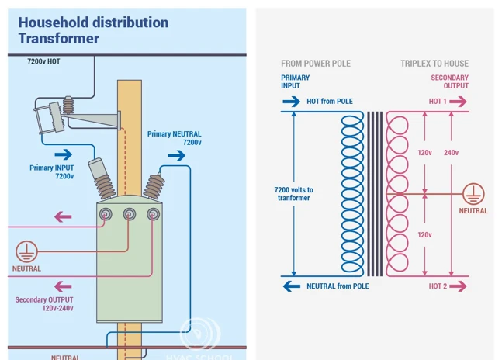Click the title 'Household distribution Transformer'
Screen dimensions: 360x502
pyautogui.click(x=93, y=30)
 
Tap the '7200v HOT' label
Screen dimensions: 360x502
pyautogui.click(x=43, y=61)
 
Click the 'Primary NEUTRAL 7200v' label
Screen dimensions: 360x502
pyautogui.click(x=175, y=138)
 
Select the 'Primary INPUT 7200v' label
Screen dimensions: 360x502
pyautogui.click(x=52, y=171)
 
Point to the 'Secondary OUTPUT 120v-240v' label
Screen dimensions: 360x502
pyautogui.click(x=44, y=303)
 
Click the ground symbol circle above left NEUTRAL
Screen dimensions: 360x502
pyautogui.click(x=26, y=251)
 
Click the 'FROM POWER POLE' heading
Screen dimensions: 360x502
pyautogui.click(x=316, y=64)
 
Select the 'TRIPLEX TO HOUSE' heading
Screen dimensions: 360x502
pyautogui.click(x=434, y=64)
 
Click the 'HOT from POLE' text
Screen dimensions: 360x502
pyautogui.click(x=330, y=102)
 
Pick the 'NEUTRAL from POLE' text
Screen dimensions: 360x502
pyautogui.click(x=338, y=286)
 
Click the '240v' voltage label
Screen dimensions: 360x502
pyautogui.click(x=451, y=153)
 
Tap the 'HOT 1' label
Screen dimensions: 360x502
pyautogui.click(x=438, y=102)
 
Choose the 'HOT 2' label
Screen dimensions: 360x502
pyautogui.click(x=438, y=286)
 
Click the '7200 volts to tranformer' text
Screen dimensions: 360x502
pyautogui.click(x=294, y=193)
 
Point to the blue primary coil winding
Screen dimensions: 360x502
pyautogui.click(x=352, y=194)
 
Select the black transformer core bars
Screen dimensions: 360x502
pyautogui.click(x=376, y=194)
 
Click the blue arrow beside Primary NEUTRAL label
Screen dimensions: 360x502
pyautogui.click(x=176, y=155)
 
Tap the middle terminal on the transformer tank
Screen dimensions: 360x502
pyautogui.click(x=130, y=213)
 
